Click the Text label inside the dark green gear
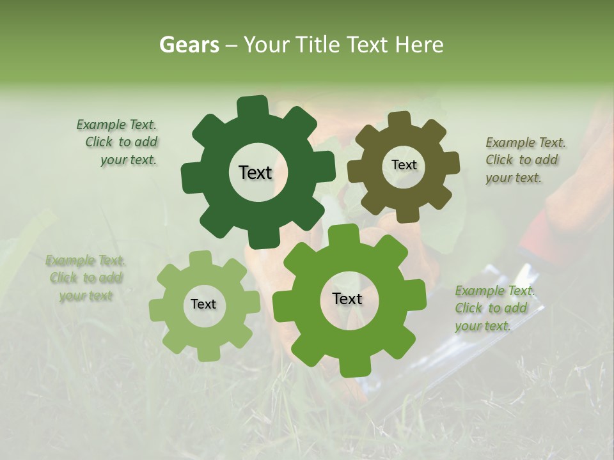255,172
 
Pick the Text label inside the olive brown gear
404,165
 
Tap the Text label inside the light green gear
203,305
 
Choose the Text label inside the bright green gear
347,299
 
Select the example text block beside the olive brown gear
524,160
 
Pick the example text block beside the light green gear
85,278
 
